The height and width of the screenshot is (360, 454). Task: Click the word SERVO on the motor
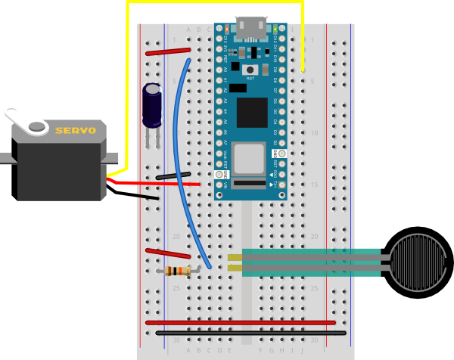[76, 131]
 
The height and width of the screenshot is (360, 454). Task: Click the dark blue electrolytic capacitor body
[152, 104]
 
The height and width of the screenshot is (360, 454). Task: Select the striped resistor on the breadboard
[178, 271]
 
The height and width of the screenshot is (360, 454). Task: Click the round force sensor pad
[418, 262]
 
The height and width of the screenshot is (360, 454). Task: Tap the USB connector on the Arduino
[251, 28]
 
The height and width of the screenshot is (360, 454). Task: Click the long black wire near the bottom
[250, 333]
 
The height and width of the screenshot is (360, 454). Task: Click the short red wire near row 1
[168, 51]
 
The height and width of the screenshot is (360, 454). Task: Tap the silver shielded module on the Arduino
[249, 159]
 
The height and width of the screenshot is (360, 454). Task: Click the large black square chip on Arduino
[252, 113]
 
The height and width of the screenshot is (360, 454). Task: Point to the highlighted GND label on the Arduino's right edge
[275, 154]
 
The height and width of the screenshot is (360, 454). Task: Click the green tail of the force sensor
[310, 262]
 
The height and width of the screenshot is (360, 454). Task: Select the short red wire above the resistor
[167, 253]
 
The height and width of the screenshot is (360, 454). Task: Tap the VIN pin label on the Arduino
[225, 185]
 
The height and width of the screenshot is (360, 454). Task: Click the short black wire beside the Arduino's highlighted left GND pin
[173, 175]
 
